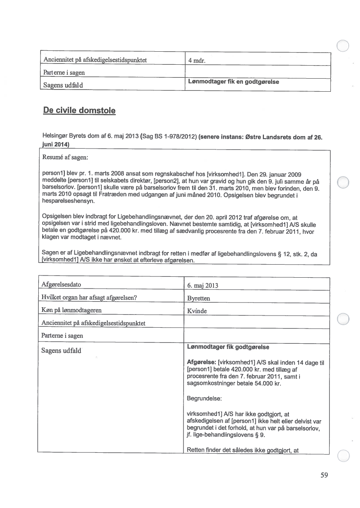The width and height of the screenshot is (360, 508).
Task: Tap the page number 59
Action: coord(324,475)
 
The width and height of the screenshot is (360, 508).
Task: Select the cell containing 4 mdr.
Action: coord(197,61)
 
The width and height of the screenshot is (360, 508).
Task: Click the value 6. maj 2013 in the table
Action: coord(202,286)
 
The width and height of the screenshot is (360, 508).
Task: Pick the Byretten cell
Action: coord(198,299)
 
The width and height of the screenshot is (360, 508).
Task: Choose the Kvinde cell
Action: coord(197,311)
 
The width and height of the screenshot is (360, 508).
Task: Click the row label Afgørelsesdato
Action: coord(61,285)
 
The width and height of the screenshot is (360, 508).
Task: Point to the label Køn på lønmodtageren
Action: coord(71,310)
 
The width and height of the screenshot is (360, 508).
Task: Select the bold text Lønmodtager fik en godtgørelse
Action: coord(233,82)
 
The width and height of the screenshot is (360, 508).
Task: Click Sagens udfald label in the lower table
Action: coord(61,350)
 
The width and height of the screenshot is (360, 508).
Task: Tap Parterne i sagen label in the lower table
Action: coord(62,335)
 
